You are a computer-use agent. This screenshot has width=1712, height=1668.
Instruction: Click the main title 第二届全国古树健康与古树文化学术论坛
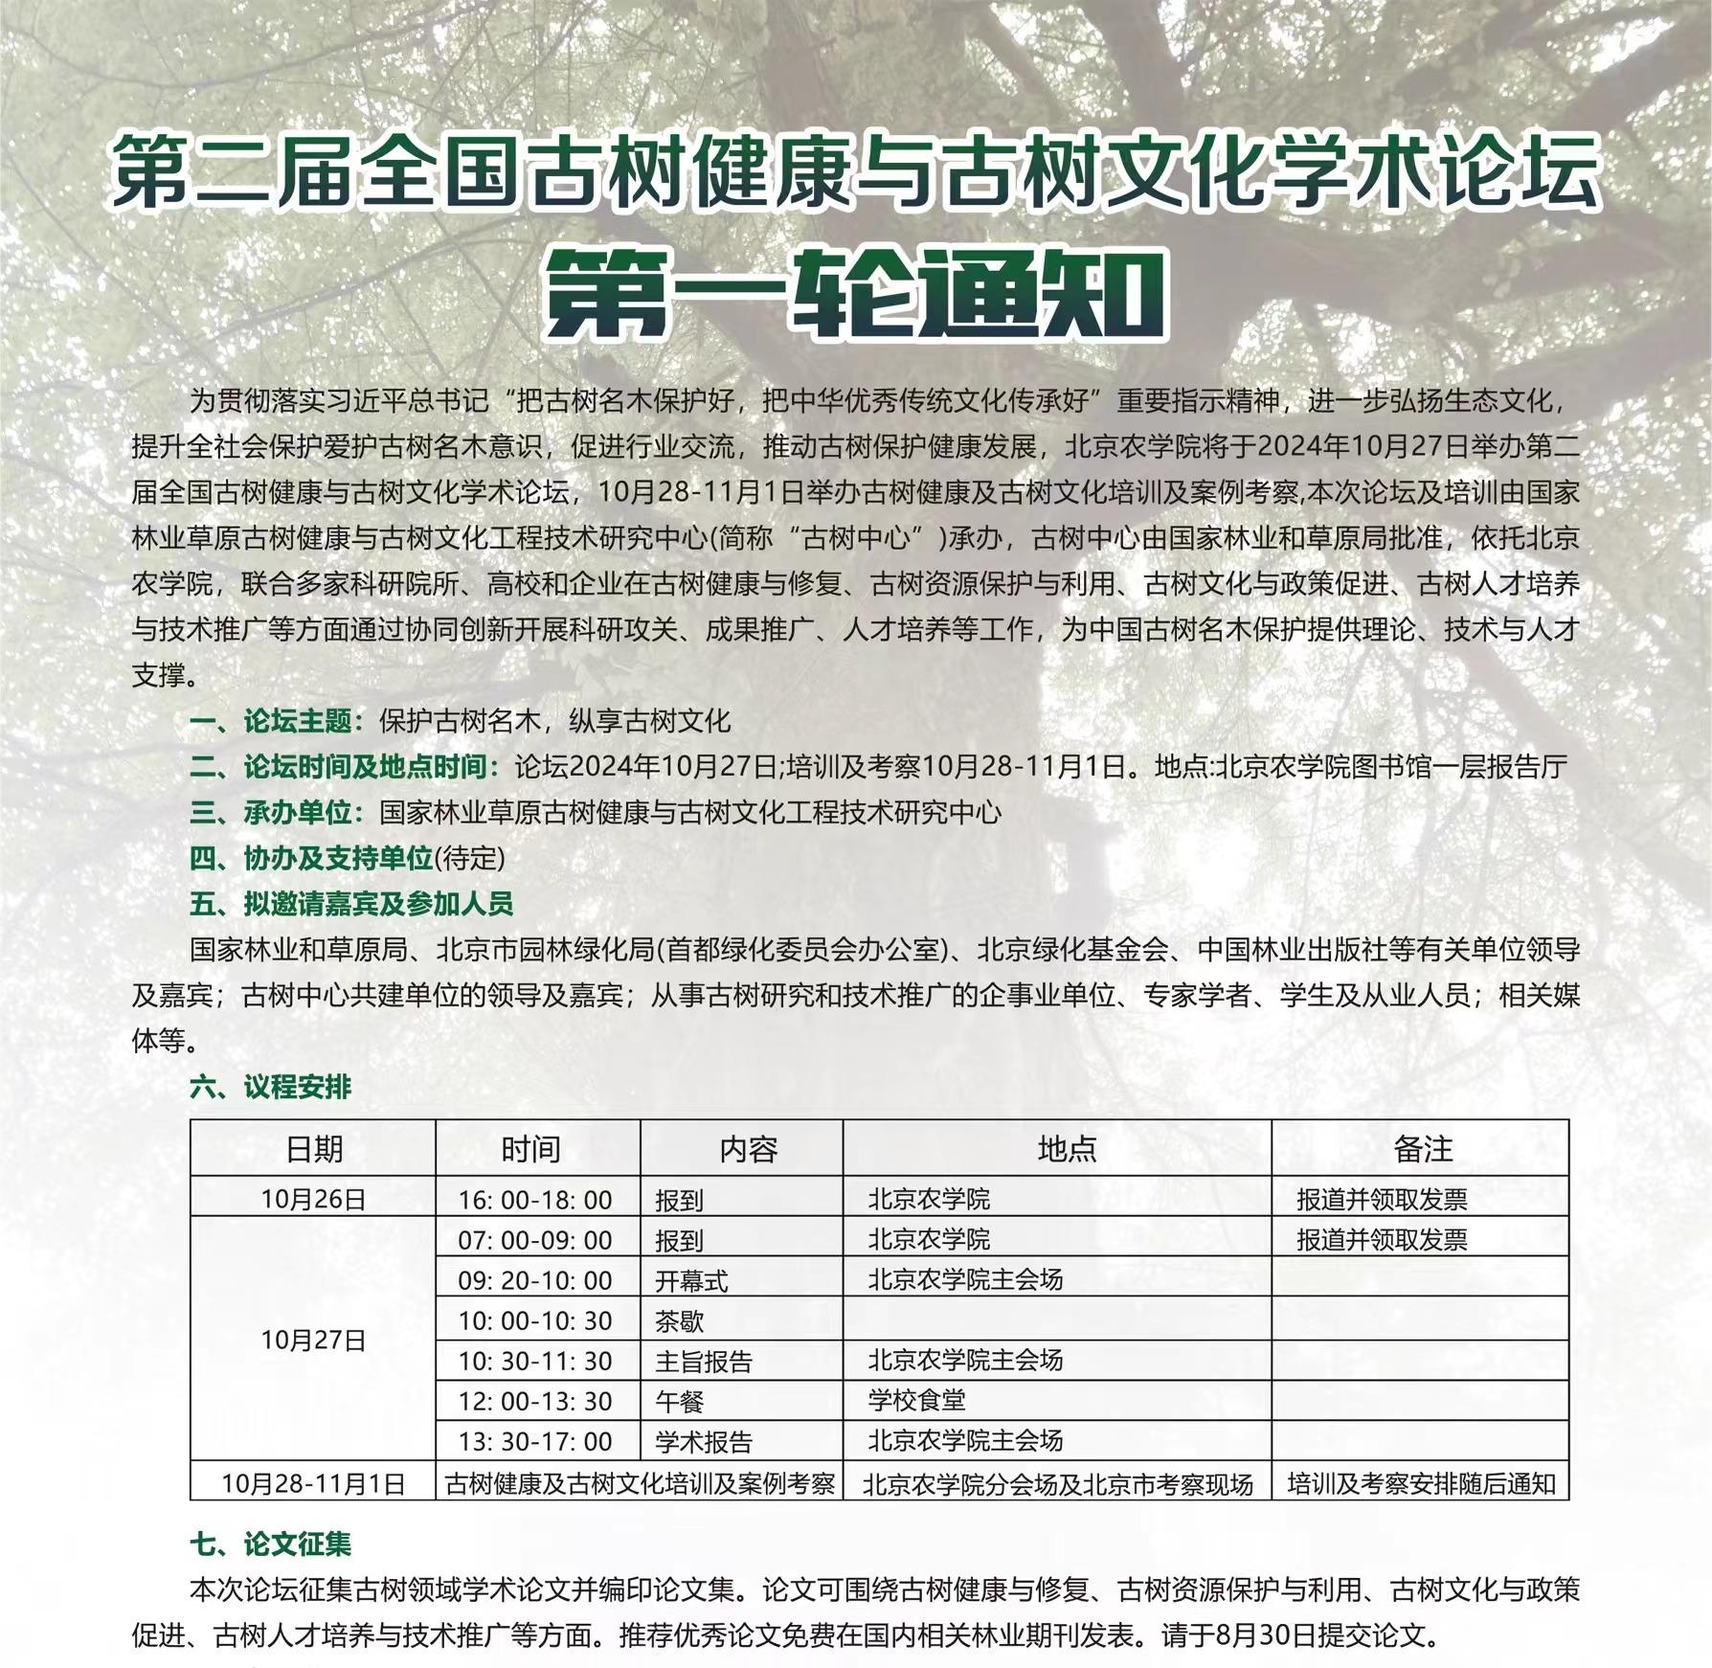(x=854, y=172)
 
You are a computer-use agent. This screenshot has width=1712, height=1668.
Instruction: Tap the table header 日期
(x=313, y=1149)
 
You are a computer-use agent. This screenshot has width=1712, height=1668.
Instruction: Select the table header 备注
(x=1422, y=1149)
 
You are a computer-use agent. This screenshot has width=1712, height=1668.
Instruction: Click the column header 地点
(x=1066, y=1149)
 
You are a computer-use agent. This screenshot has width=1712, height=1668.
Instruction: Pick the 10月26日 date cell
(x=313, y=1199)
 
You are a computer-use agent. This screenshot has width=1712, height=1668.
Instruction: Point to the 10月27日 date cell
(x=313, y=1341)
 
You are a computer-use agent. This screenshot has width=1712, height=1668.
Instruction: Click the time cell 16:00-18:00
(x=535, y=1200)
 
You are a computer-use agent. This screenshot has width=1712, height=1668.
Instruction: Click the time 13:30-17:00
(x=535, y=1441)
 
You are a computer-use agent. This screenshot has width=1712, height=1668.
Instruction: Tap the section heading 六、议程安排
(x=271, y=1087)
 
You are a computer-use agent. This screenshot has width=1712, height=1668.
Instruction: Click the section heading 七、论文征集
(x=271, y=1544)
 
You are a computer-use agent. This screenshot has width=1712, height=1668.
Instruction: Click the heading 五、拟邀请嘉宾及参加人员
(x=351, y=903)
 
